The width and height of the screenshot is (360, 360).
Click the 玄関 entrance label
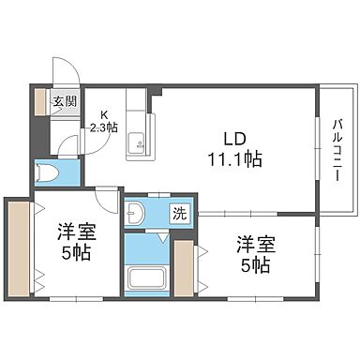click(x=64, y=102)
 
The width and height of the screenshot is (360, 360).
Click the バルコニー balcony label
click(x=336, y=148)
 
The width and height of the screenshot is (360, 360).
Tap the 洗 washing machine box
click(x=178, y=214)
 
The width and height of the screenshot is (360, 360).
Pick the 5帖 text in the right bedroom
click(x=255, y=265)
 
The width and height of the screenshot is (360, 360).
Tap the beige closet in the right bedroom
click(x=185, y=270)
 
